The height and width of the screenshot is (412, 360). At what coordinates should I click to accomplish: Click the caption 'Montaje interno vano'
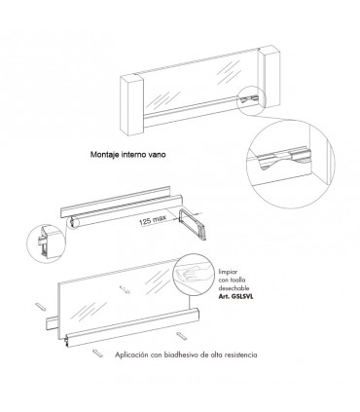coord(127,155)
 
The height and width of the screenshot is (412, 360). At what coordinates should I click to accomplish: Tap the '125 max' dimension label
coord(153,219)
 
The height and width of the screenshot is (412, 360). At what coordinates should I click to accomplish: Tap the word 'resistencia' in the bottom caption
coord(241,355)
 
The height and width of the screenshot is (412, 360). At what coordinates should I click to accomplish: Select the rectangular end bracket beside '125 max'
coord(192,224)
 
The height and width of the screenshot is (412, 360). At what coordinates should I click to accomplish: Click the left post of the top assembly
coord(131,105)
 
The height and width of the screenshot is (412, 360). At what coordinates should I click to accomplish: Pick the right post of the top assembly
coord(270,78)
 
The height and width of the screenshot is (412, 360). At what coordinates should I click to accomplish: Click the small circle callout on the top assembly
coord(252,100)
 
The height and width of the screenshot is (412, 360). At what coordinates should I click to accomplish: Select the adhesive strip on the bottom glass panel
coord(125,289)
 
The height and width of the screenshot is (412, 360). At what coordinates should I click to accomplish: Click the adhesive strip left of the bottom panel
coord(40,306)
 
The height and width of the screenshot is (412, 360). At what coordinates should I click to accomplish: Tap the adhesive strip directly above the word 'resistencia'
coord(181,335)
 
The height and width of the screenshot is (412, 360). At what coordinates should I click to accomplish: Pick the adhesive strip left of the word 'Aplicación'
coord(97,353)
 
